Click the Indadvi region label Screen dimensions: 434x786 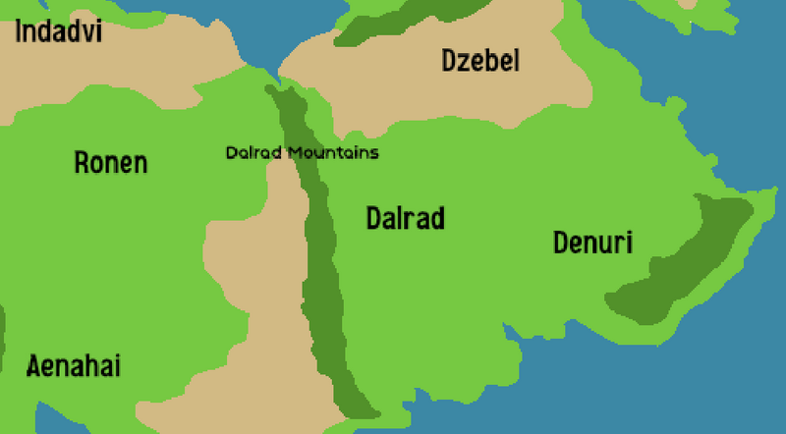[x=59, y=31]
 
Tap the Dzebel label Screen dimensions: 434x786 [x=480, y=62]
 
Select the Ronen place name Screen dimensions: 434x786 [x=111, y=163]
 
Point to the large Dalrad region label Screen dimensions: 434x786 [x=405, y=218]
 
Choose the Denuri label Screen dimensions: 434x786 [x=592, y=243]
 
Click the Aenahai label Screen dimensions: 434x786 [x=74, y=367]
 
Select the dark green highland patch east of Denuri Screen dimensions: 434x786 [x=678, y=260]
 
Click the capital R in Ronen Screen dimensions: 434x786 [x=83, y=163]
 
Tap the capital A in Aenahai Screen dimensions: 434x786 [x=33, y=367]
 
